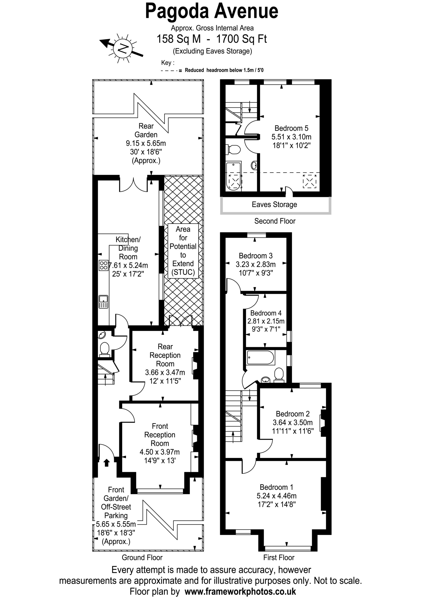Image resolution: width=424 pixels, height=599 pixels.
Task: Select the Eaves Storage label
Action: coord(274,204)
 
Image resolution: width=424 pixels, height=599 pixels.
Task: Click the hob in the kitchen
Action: coord(104,266)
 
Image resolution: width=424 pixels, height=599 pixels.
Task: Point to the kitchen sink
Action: coord(104,302)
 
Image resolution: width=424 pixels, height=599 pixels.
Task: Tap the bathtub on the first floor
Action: coord(260,358)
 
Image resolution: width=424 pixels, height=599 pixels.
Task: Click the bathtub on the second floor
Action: coord(234,176)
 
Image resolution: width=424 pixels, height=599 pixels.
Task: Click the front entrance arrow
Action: coord(106,463)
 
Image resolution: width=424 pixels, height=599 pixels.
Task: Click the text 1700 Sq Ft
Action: coord(242,39)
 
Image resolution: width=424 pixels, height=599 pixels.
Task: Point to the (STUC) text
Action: coord(183,272)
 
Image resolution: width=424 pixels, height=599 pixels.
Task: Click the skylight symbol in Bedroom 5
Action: coord(310,181)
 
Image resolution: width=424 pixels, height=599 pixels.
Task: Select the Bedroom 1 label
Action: coord(276,487)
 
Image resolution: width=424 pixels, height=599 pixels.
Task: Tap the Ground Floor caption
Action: coord(142,558)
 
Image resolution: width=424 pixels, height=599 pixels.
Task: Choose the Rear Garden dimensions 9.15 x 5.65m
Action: coord(146,143)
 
